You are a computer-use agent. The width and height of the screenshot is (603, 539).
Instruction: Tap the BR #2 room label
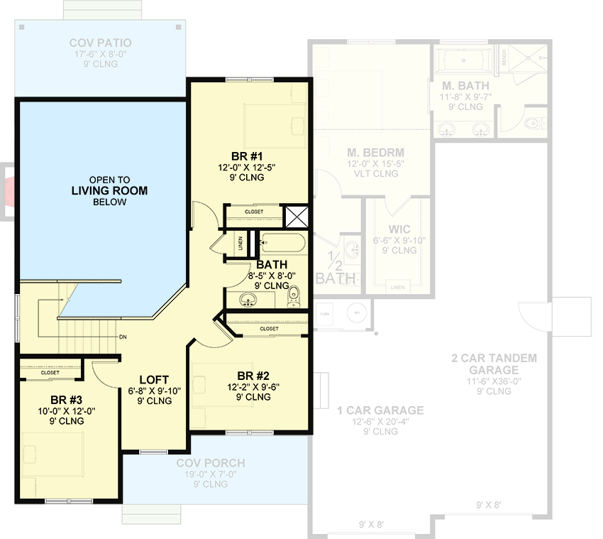[253, 376]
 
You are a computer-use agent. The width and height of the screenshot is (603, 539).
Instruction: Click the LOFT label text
[153, 379]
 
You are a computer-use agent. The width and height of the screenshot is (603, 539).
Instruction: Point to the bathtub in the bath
[282, 244]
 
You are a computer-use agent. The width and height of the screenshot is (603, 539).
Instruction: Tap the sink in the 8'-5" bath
[249, 299]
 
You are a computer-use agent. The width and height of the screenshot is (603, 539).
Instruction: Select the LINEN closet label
[241, 244]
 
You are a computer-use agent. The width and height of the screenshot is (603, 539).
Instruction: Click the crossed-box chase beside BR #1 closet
[294, 216]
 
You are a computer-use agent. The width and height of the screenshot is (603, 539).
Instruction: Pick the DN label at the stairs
[123, 337]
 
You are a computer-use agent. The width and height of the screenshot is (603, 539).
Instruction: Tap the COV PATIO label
[99, 43]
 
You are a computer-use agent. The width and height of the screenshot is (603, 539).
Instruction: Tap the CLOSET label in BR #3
[50, 372]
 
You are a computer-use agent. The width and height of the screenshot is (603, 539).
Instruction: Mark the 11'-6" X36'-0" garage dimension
[494, 380]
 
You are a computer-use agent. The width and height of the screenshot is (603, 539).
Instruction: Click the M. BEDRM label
[375, 153]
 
